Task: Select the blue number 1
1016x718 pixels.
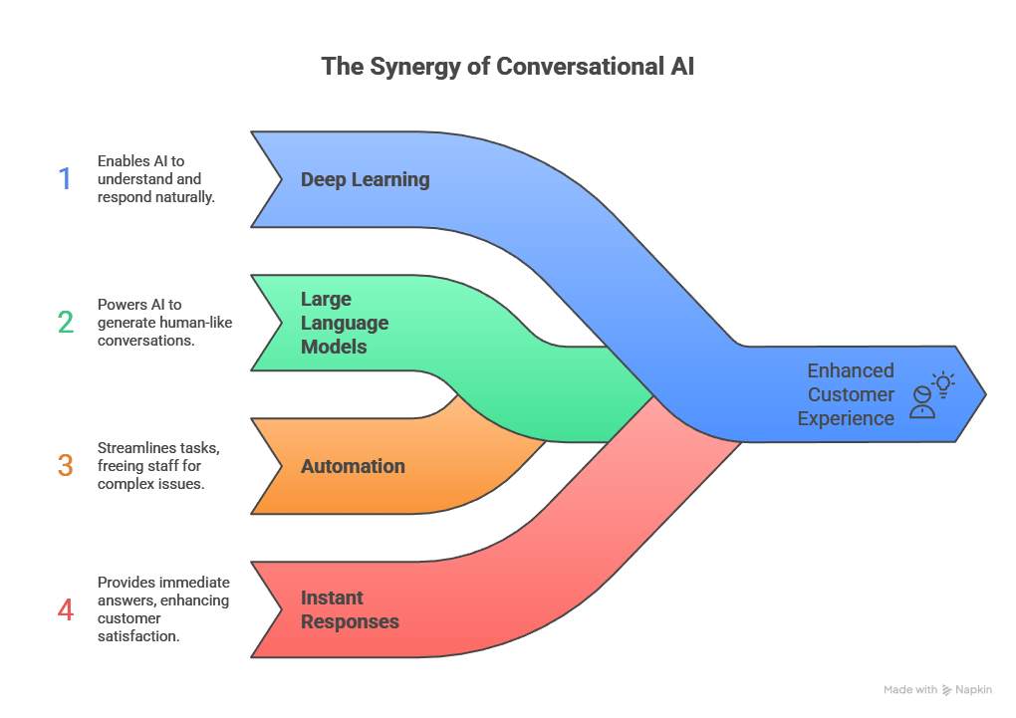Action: point(65,179)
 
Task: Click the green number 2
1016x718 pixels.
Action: point(65,322)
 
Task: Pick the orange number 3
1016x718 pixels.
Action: point(65,465)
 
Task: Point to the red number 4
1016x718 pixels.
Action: point(65,608)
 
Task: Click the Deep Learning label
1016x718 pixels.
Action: point(365,179)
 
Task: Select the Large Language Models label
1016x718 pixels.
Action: point(344,323)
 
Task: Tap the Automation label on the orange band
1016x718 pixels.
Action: point(353,466)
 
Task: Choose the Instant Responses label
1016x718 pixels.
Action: point(350,609)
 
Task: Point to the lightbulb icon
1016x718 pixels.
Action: point(942,382)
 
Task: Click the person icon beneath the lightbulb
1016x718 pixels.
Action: point(922,403)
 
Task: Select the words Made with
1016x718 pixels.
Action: point(909,690)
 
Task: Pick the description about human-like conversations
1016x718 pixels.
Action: point(164,322)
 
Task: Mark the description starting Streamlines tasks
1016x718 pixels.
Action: point(158,465)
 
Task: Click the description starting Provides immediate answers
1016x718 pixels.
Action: point(162,608)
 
